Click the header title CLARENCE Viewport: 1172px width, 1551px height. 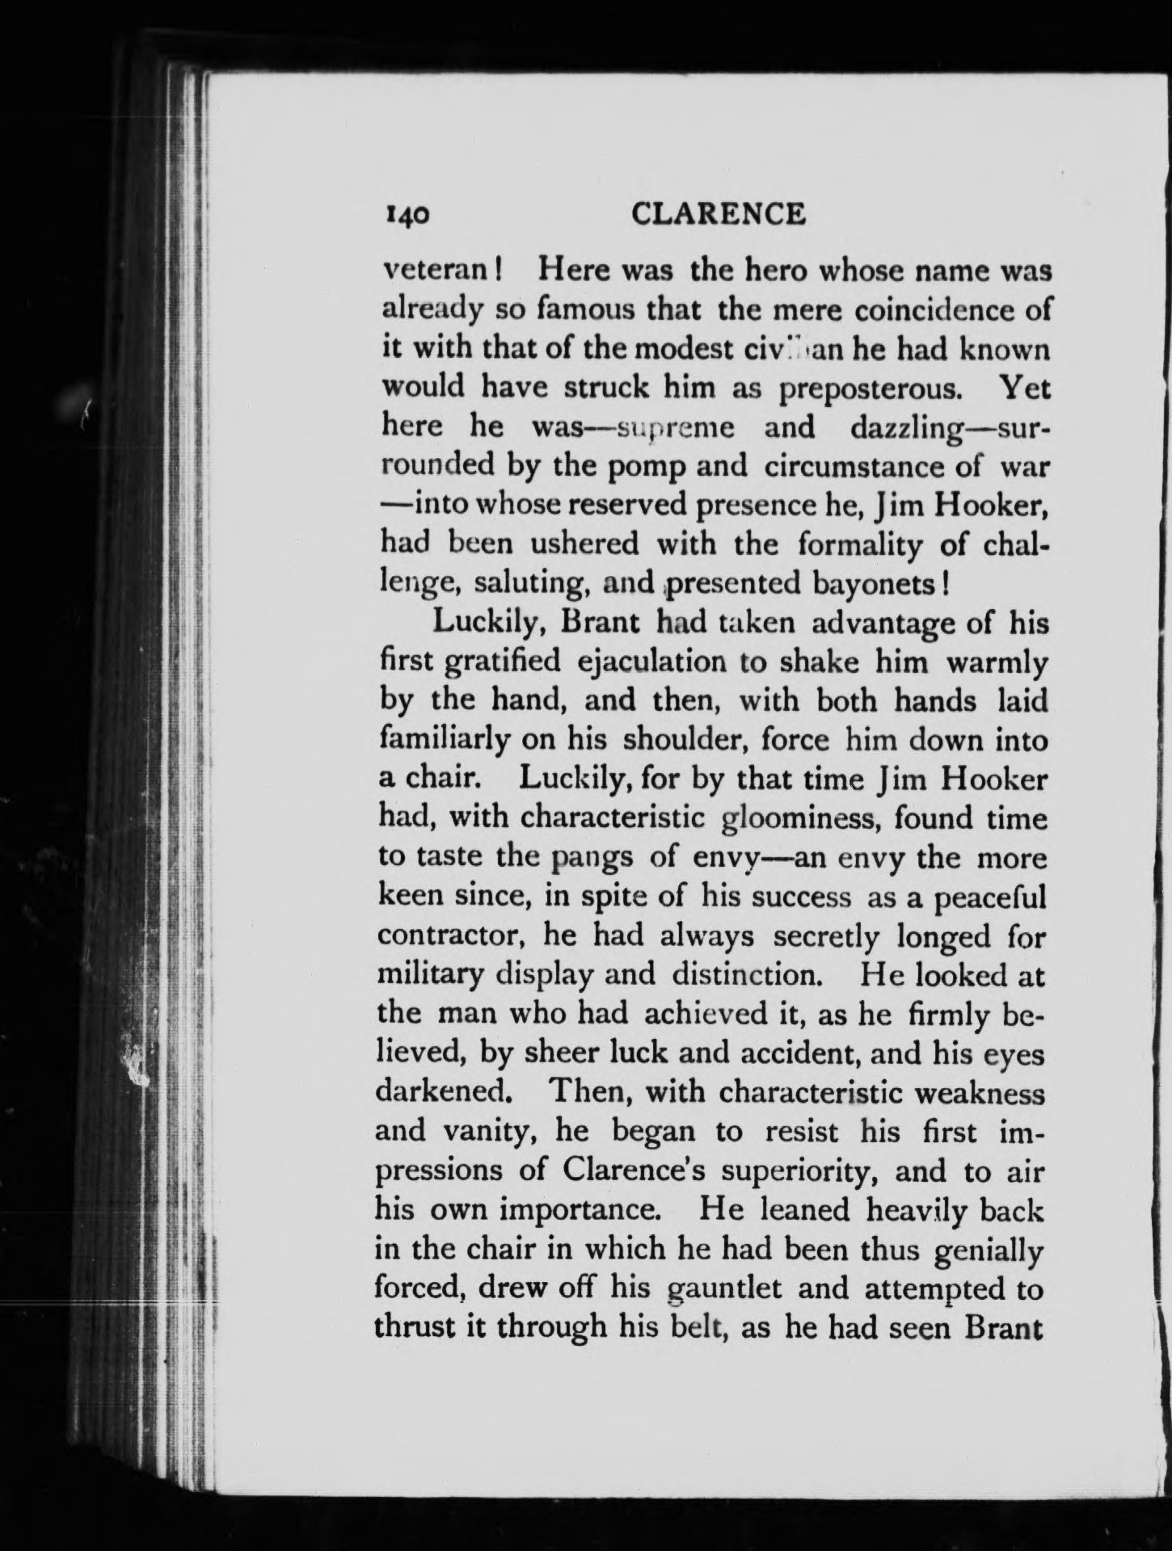[719, 214]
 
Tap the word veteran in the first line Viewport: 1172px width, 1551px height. [437, 271]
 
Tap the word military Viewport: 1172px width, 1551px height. [431, 976]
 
